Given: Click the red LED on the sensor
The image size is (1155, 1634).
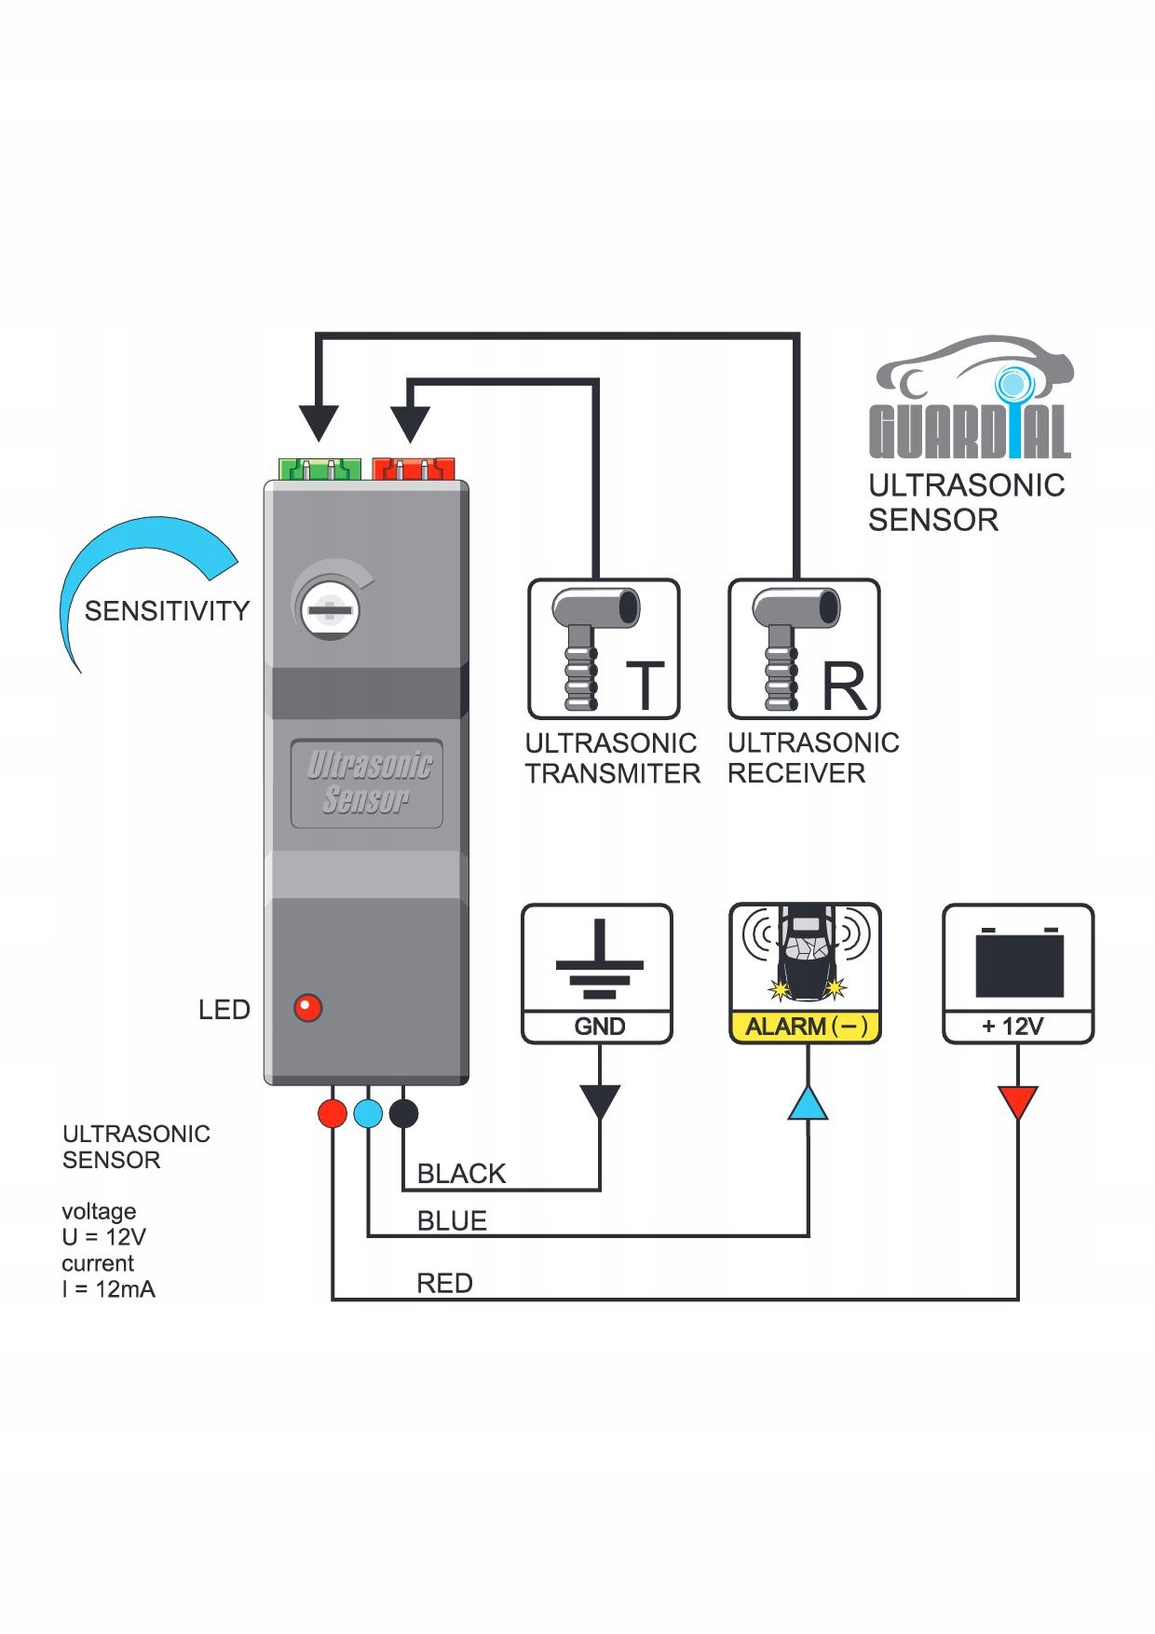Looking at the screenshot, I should coord(307,1008).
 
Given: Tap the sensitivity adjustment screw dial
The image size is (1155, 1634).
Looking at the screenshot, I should coord(331,611).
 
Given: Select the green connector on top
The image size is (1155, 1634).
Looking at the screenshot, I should coord(319,468).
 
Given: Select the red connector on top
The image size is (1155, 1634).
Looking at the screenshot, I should coord(413,468).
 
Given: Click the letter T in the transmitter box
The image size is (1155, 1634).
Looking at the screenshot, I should coord(644,686).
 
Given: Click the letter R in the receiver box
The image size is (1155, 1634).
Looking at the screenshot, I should coord(844,687).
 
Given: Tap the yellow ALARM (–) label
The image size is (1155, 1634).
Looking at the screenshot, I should coord(806,1027).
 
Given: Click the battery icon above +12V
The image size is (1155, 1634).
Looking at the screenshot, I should coord(1019,961).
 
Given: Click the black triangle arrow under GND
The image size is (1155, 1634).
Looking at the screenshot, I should coord(599,1101).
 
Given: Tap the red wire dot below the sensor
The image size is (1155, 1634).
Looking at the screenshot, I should coord(332,1113).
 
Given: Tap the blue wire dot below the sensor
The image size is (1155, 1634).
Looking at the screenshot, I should coord(368,1113).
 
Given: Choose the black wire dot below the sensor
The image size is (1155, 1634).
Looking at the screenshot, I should coord(403,1113).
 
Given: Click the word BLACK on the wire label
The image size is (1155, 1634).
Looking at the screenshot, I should coord(461,1174).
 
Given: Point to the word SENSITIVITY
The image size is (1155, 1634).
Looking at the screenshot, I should coord(167,611).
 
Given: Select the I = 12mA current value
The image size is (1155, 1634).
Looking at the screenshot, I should coord(108,1289).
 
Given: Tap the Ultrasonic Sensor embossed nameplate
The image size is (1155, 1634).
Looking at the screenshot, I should coord(367,783).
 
